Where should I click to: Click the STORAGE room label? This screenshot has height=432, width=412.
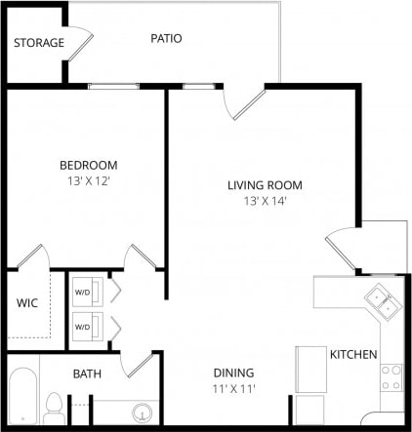[x=39, y=43]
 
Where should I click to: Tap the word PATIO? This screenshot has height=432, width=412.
[x=166, y=38]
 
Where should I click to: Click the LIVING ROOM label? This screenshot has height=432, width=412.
[x=265, y=185]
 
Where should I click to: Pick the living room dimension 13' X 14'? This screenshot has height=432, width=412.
[x=265, y=201]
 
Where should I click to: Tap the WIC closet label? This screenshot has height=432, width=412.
[x=27, y=303]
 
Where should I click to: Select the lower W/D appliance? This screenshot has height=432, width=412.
[x=83, y=326]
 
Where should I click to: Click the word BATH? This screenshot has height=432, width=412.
[x=88, y=373]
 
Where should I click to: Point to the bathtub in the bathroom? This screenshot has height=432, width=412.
[x=21, y=398]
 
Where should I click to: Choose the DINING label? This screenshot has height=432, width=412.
[x=234, y=373]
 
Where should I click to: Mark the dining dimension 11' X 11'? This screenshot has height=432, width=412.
[x=234, y=388]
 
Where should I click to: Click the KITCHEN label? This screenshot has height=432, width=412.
[x=352, y=354]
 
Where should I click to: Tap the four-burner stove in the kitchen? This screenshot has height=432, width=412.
[x=391, y=377]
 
